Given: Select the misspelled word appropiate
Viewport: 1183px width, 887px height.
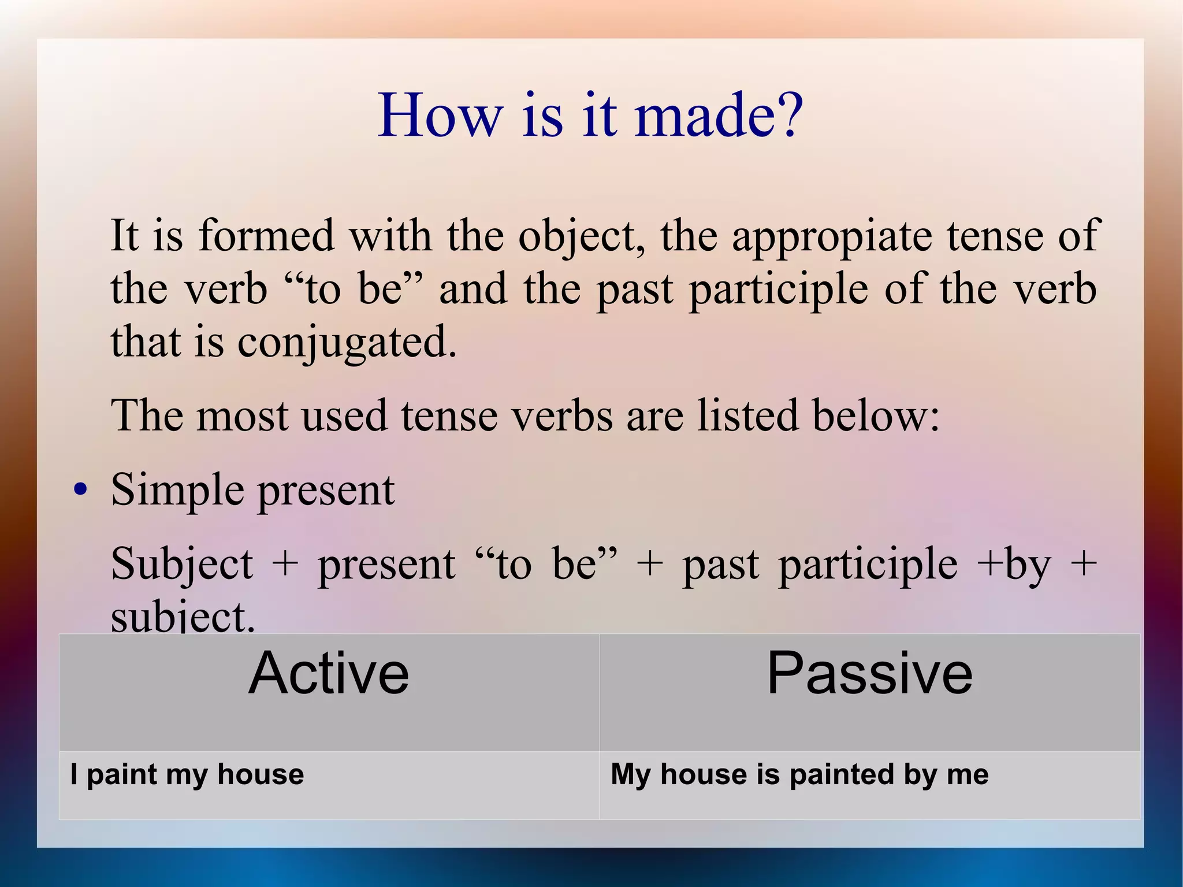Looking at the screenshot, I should click(831, 237).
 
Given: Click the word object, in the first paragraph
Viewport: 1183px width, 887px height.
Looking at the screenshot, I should click(582, 237).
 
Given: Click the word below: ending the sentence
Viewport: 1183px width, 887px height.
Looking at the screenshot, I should click(876, 415).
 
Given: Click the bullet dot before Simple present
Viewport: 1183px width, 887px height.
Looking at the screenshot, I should click(81, 491).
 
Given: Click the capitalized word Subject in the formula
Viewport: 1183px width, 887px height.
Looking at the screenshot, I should click(182, 565).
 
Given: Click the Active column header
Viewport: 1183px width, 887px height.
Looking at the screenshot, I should click(329, 673).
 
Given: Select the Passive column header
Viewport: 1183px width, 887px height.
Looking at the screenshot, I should click(869, 673).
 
